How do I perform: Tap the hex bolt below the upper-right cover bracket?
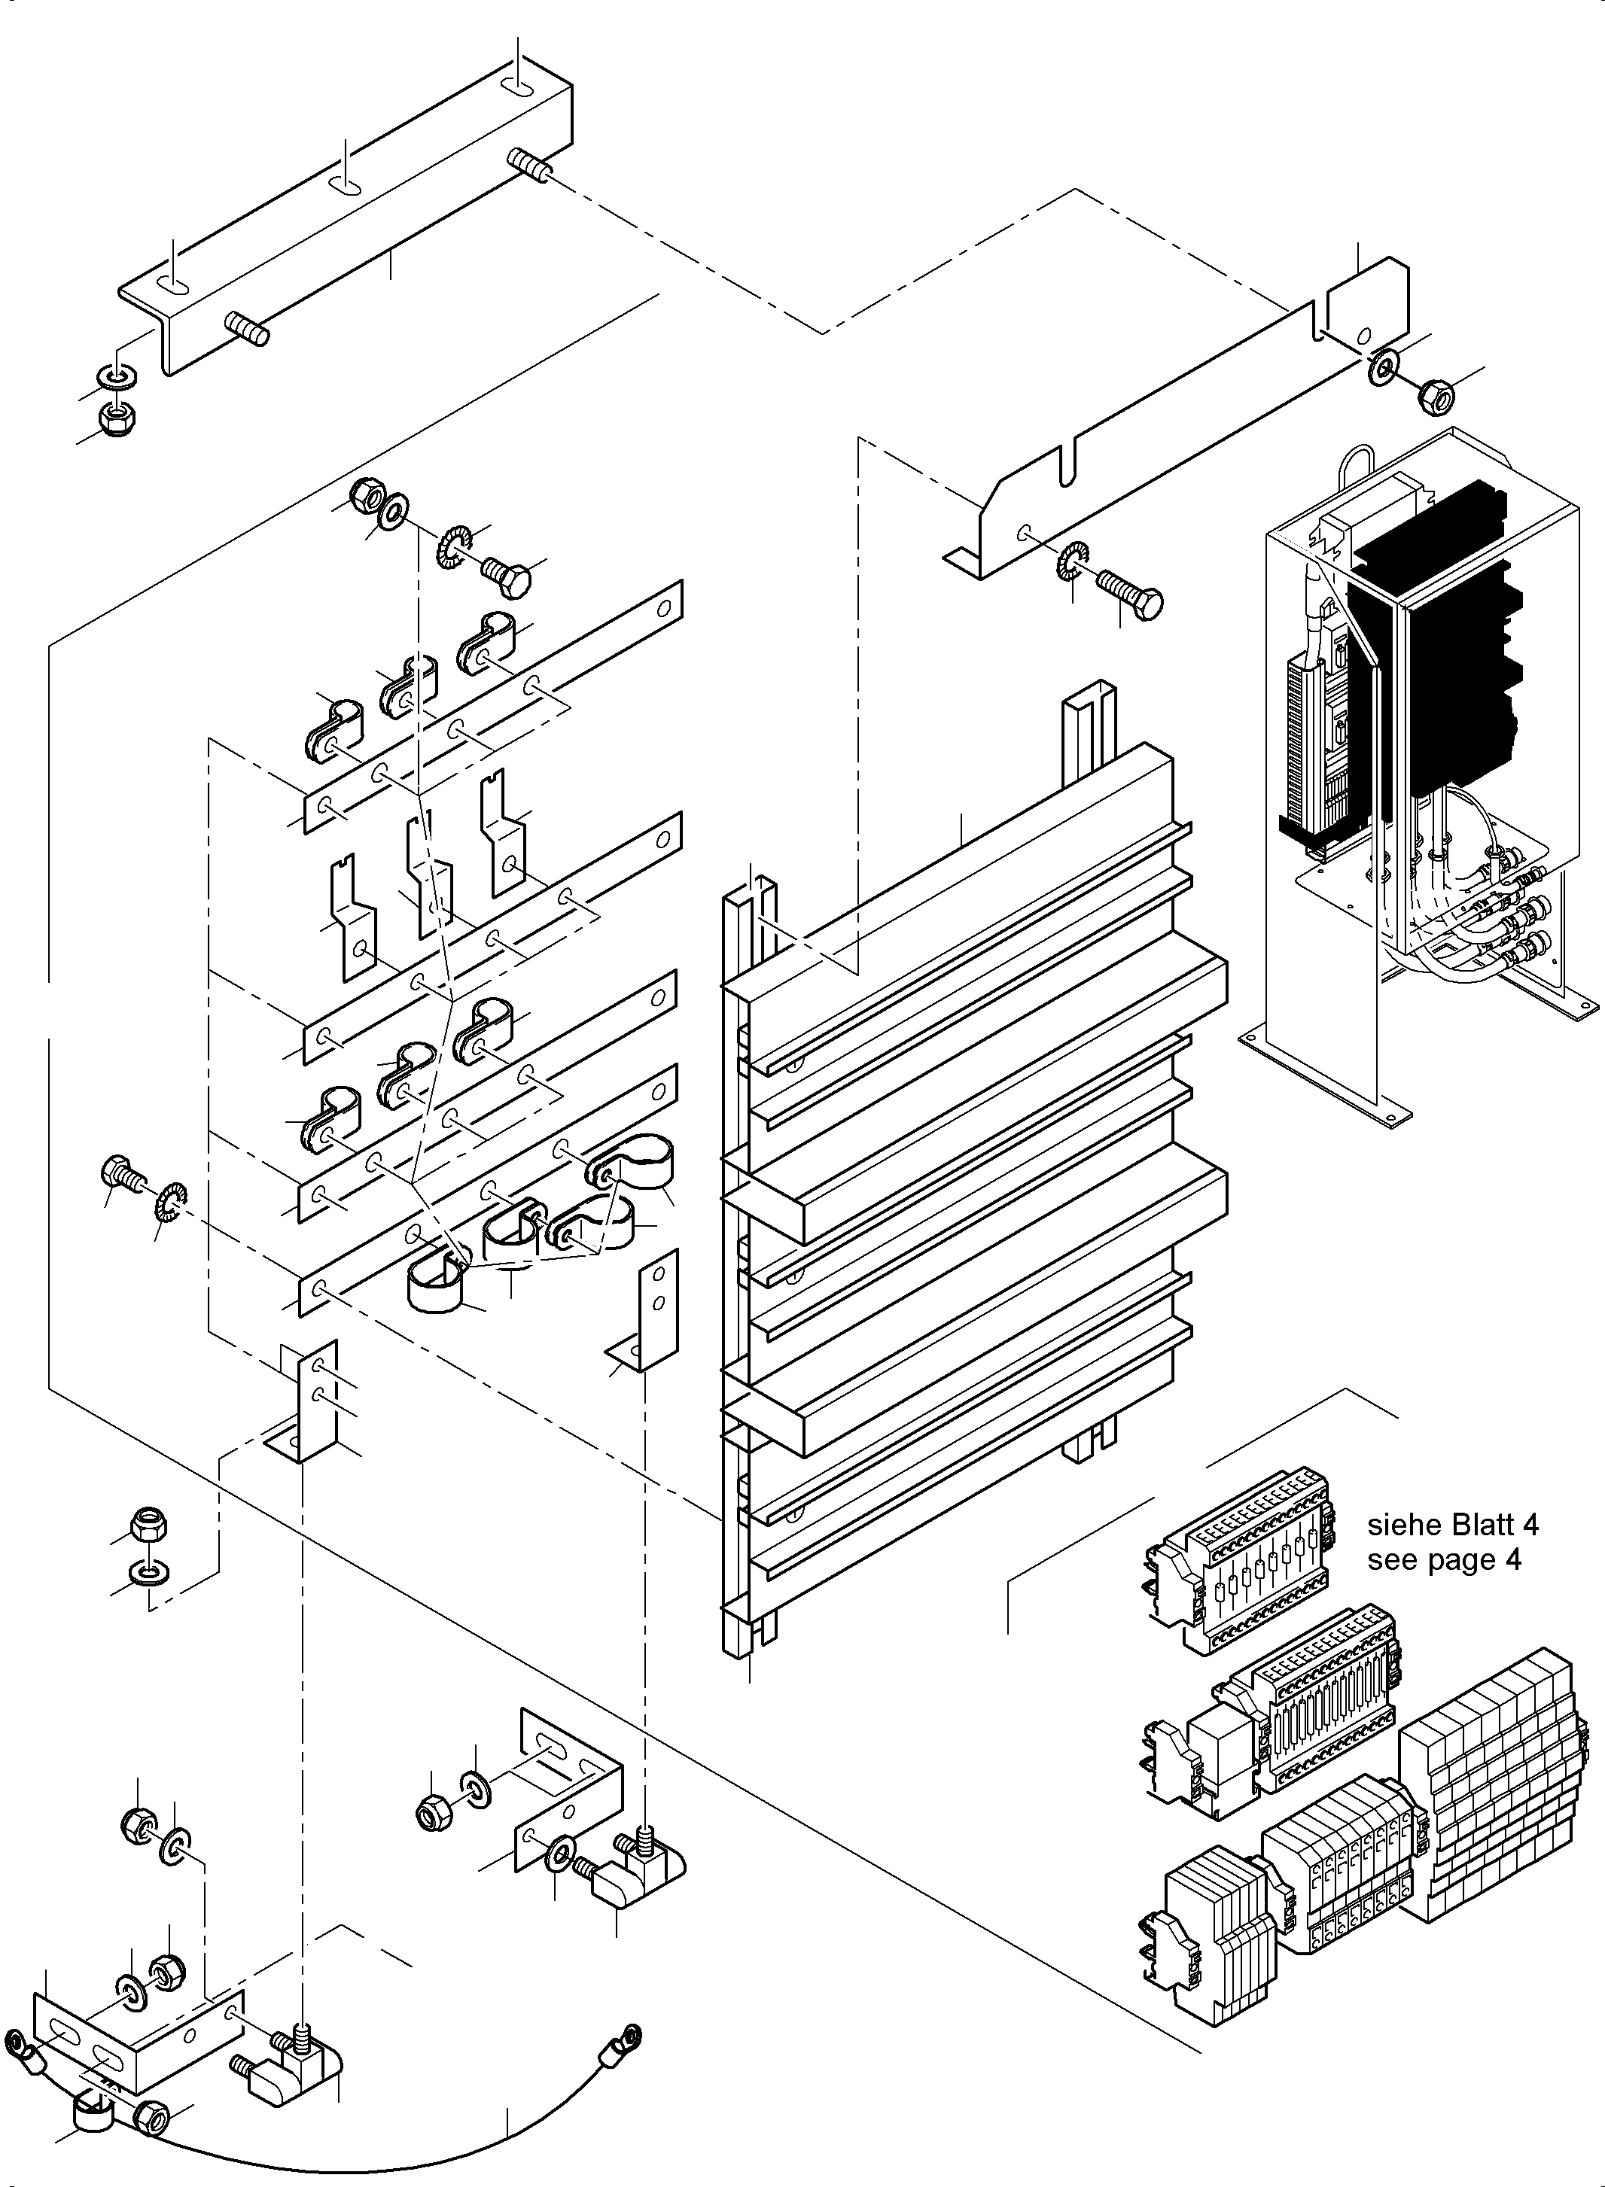click(x=1131, y=592)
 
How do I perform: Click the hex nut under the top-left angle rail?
click(x=117, y=418)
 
